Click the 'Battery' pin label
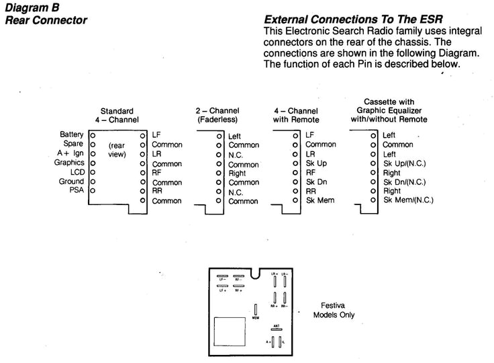coord(72,134)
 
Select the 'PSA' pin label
coord(76,191)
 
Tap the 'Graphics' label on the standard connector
coord(69,163)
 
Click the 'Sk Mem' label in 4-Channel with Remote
coord(321,200)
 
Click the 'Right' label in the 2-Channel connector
coord(238,173)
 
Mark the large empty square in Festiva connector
coord(230,332)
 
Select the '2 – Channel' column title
coord(217,110)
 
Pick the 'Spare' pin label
coord(74,144)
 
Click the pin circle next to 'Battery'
coord(93,135)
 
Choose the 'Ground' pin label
coord(71,182)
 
